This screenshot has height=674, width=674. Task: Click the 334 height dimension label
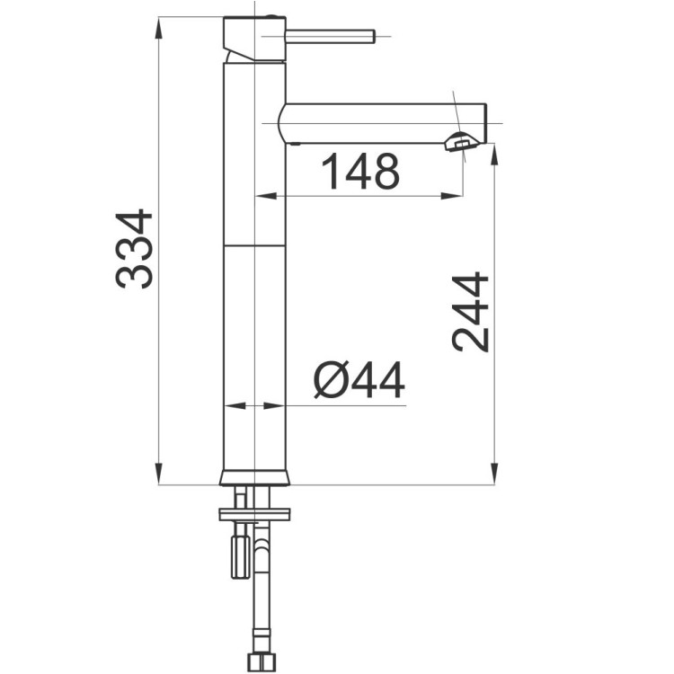pos(135,249)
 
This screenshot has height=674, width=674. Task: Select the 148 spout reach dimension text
pos(359,172)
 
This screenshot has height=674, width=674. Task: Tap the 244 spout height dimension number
pos(471,311)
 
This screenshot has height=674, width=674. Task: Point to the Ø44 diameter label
pos(359,381)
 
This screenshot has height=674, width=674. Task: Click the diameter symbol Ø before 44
pos(330,381)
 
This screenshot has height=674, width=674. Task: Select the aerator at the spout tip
pos(462,141)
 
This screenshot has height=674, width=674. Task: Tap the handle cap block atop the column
pos(254,38)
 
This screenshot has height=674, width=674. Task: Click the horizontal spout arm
pos(377,123)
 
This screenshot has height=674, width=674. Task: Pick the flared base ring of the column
pos(254,477)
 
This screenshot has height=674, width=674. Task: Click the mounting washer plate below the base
pos(254,514)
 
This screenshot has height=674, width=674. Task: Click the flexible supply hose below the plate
pos(262,593)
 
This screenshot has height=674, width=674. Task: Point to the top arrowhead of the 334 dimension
pos(158,23)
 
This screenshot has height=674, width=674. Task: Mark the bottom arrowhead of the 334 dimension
pos(158,477)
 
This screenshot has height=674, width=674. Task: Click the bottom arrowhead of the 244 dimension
pos(494,477)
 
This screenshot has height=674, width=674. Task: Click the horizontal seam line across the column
pos(254,244)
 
